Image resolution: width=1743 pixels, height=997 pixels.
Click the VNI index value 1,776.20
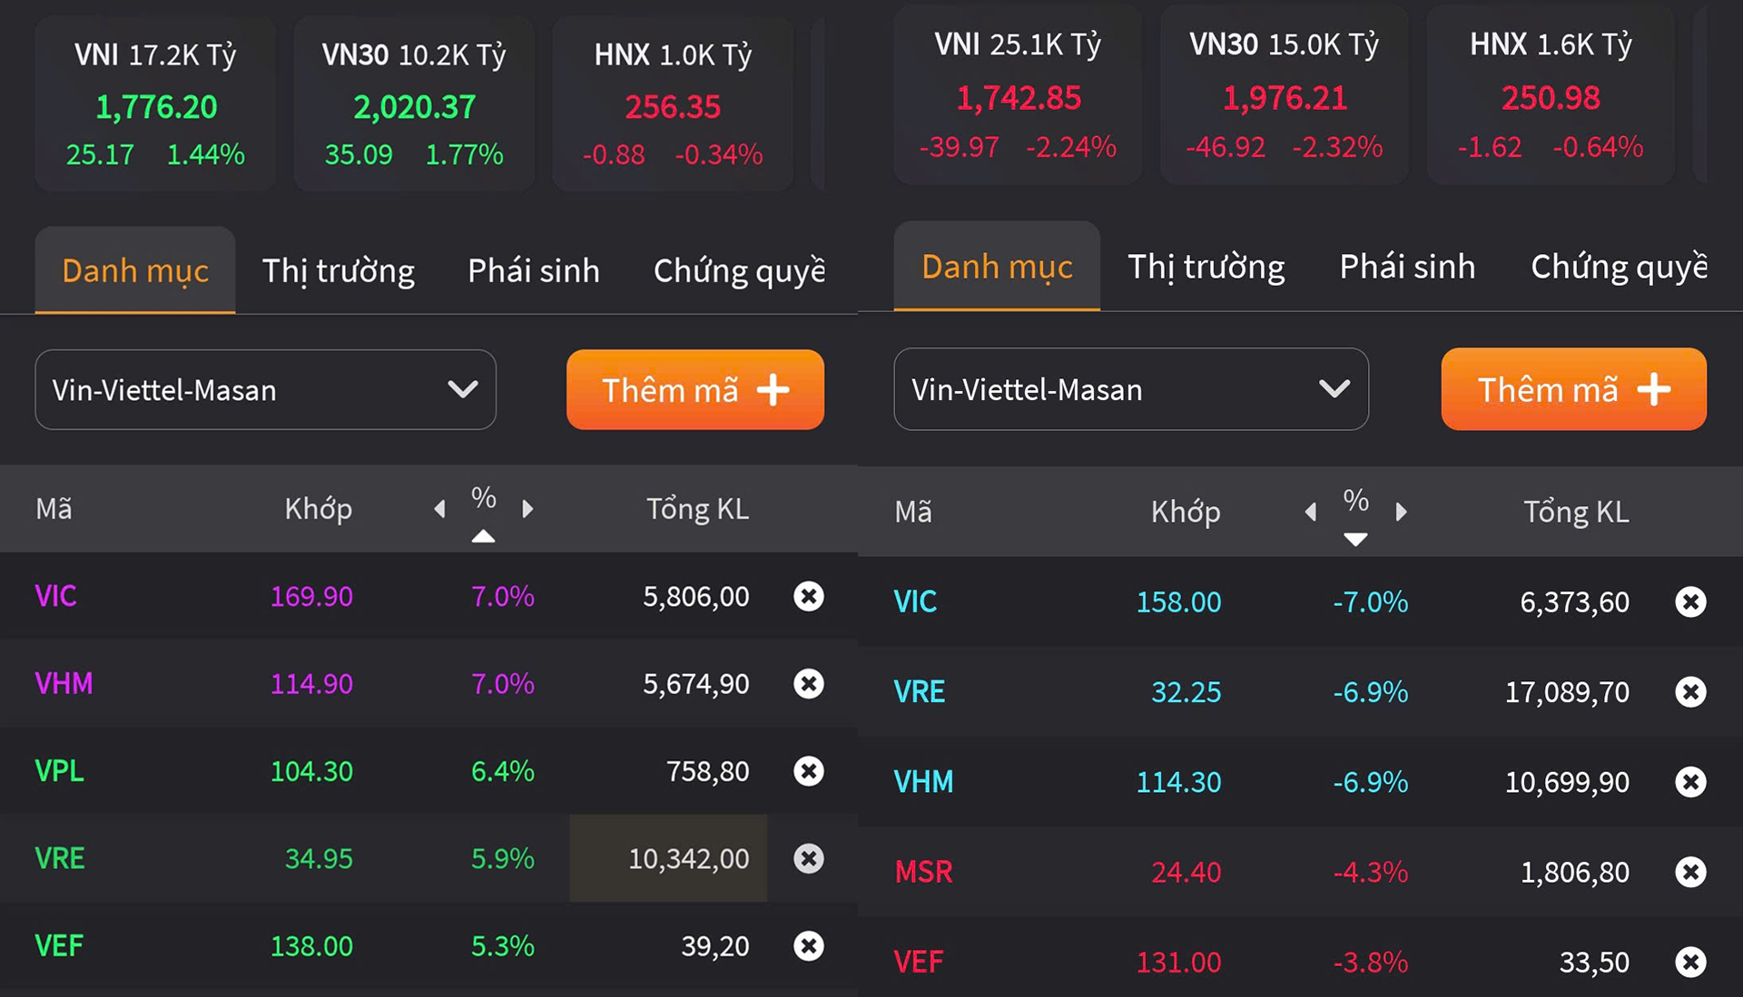pyautogui.click(x=156, y=107)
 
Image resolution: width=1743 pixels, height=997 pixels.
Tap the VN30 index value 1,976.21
pyautogui.click(x=1285, y=98)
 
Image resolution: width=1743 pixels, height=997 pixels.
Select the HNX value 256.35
pyautogui.click(x=672, y=107)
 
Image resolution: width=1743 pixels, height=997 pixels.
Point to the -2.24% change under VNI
pyautogui.click(x=1070, y=147)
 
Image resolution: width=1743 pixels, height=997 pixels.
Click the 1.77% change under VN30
pyautogui.click(x=464, y=155)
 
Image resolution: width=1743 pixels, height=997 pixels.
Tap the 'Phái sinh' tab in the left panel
pyautogui.click(x=533, y=270)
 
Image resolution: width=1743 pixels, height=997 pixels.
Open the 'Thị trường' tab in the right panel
pyautogui.click(x=1206, y=267)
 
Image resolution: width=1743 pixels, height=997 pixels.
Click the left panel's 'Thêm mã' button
pyautogui.click(x=694, y=390)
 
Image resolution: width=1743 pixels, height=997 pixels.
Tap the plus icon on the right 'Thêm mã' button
pyautogui.click(x=1653, y=389)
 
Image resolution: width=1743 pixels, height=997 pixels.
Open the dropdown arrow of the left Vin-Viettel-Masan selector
pyautogui.click(x=463, y=390)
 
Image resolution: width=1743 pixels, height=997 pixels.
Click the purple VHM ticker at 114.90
pyautogui.click(x=64, y=683)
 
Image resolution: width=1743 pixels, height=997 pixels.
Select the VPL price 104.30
pyautogui.click(x=311, y=771)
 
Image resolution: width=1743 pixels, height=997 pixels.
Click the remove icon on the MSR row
pyautogui.click(x=1690, y=872)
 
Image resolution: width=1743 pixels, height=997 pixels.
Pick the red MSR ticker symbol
pyautogui.click(x=923, y=872)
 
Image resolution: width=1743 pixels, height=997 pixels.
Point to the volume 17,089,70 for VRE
pyautogui.click(x=1567, y=692)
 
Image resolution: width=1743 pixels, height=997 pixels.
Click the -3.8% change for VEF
pyautogui.click(x=1370, y=962)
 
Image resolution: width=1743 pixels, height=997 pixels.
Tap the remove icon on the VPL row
pyautogui.click(x=808, y=771)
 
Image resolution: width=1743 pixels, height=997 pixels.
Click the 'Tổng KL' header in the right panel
pyautogui.click(x=1576, y=513)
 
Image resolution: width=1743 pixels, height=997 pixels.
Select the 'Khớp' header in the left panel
pyautogui.click(x=318, y=509)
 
